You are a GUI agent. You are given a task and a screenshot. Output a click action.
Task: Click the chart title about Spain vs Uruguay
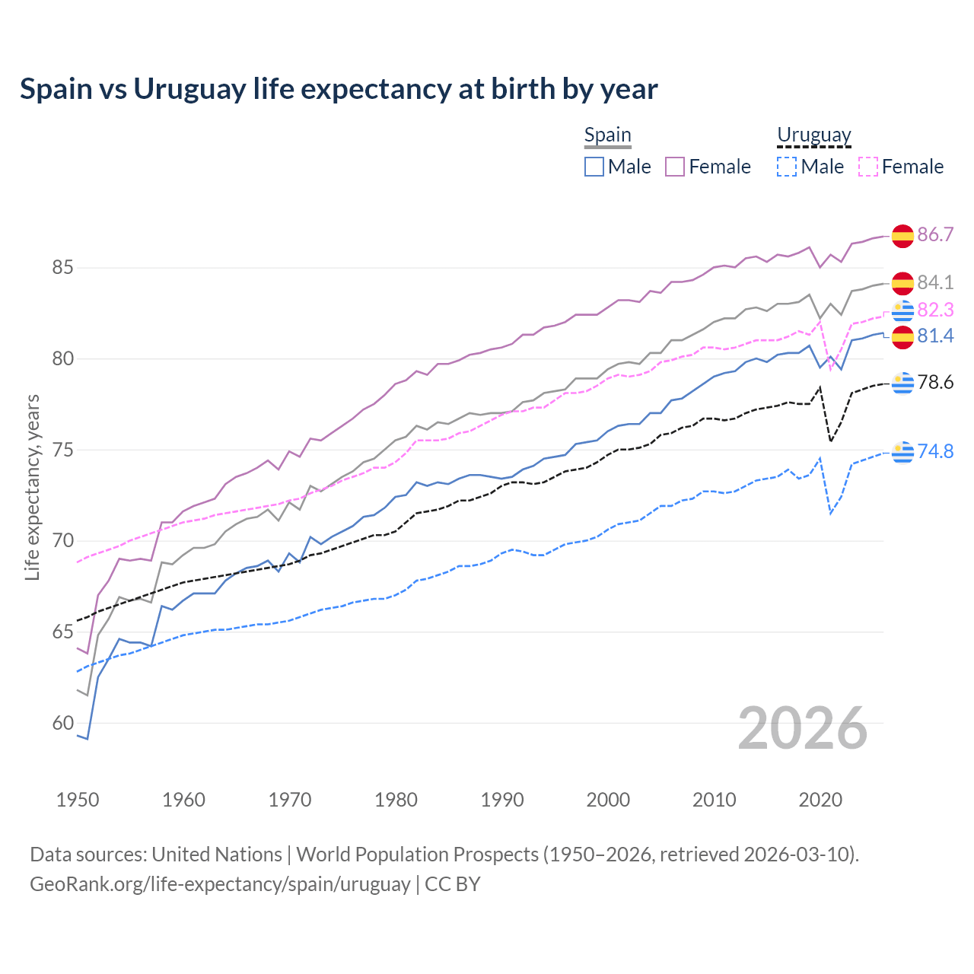click(339, 89)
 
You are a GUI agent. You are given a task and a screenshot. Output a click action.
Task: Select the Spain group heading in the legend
click(607, 135)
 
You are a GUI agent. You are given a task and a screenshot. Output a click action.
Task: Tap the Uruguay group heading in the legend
click(813, 135)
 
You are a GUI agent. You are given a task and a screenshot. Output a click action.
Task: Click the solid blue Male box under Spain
click(594, 167)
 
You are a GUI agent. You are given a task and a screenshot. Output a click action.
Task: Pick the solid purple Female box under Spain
click(675, 167)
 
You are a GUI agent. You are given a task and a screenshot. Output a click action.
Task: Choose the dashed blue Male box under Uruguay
click(787, 167)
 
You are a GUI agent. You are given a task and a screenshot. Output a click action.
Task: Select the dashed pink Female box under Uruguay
click(867, 167)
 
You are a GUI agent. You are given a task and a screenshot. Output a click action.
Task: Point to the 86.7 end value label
click(935, 234)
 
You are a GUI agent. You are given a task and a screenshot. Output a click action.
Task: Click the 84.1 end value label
click(935, 282)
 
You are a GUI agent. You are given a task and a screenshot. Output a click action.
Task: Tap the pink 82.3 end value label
click(935, 310)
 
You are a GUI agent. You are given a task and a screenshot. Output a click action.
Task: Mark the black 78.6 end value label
click(935, 382)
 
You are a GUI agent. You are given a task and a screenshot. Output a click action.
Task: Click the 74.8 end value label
click(935, 451)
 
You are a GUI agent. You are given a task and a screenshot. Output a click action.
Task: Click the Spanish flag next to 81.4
click(902, 336)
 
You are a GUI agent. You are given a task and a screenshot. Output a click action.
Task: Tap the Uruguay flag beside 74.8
click(902, 452)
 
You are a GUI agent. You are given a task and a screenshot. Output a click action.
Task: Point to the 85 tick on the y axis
click(62, 268)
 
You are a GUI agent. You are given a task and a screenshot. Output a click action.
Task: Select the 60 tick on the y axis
click(62, 723)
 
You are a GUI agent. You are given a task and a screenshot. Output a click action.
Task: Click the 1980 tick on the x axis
click(396, 800)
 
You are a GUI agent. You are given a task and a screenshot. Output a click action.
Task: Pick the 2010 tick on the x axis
click(714, 800)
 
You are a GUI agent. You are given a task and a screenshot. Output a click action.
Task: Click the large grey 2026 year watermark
click(802, 728)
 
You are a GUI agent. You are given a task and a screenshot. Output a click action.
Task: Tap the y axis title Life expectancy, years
click(32, 487)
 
